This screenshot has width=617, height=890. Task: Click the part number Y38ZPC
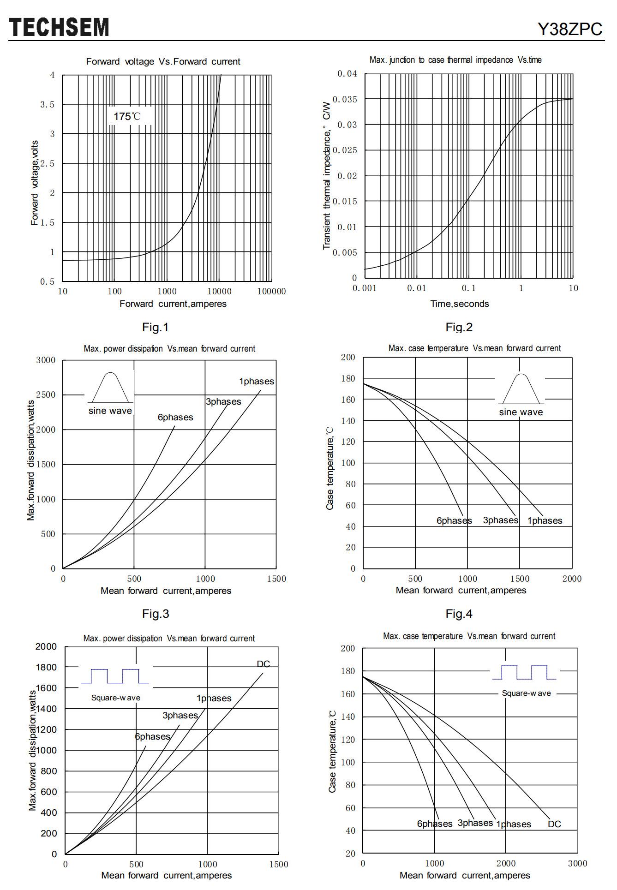coord(570,29)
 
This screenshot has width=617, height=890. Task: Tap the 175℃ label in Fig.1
coord(127,116)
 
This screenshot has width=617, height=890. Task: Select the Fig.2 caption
coord(459,327)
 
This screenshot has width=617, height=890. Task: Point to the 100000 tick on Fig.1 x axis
coord(271,291)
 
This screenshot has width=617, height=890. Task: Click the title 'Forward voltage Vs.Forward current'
coord(163,61)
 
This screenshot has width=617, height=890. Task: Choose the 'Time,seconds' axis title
coord(459,304)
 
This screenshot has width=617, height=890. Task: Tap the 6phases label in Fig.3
coord(175,417)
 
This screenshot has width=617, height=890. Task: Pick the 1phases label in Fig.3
coord(256,381)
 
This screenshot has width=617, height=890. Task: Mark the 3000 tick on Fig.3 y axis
coord(46,360)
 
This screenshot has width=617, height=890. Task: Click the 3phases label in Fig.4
coord(501,520)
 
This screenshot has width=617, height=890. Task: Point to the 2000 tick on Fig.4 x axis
coord(572,579)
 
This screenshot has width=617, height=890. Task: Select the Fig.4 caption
coord(459,614)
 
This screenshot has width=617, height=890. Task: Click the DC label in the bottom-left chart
coord(264,663)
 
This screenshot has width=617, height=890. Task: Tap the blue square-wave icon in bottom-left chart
coord(115,676)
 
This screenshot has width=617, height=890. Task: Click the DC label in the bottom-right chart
coord(554,824)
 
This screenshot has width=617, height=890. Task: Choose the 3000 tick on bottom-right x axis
coord(577,863)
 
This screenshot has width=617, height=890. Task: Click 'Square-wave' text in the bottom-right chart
coord(526,693)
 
